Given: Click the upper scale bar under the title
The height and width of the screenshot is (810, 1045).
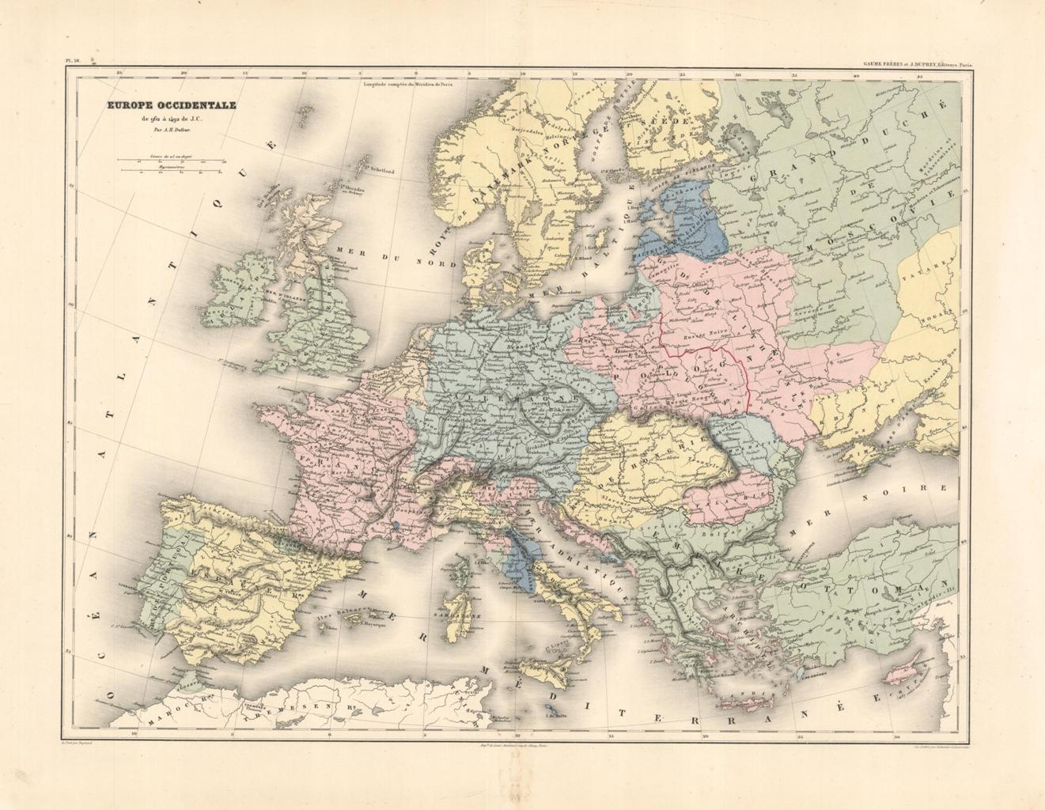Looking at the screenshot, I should (171, 160).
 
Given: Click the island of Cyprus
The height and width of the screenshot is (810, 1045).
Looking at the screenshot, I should (918, 660).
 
